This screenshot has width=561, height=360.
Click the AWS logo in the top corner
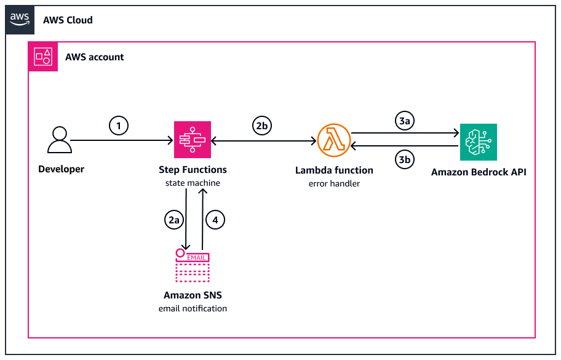pos(19,19)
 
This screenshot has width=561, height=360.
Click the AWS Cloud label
pos(68,20)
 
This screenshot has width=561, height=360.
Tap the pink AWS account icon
pos(42,57)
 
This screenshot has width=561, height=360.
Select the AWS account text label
pos(95,57)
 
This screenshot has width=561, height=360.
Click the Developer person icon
pos(60,140)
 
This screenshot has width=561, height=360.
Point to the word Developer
pos(61,169)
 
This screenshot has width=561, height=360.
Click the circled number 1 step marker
pos(119,126)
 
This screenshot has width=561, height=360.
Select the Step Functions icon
pos(193,140)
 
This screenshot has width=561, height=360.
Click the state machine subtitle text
pos(193,183)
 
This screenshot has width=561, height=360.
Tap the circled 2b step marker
pos(261,126)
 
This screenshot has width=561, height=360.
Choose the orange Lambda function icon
pos(333,141)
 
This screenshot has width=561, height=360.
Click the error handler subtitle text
pos(334,183)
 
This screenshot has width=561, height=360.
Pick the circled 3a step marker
pos(404,121)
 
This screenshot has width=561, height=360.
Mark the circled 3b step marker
pos(404,160)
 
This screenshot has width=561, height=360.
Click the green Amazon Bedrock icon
pos(478,142)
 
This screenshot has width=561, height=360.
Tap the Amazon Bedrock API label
pos(479,172)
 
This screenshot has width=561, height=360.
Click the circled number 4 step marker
pos(215,220)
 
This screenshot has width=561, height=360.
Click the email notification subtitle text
pos(193,308)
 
